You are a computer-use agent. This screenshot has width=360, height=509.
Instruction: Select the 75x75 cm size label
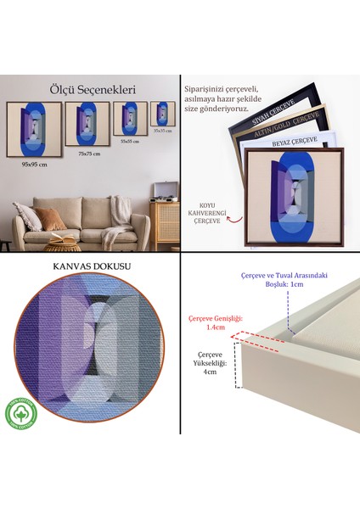(89, 154)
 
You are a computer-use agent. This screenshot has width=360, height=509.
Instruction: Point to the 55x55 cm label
(129, 141)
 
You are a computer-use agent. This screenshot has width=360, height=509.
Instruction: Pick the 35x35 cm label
(163, 131)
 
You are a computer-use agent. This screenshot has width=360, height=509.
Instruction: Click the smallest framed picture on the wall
(163, 114)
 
